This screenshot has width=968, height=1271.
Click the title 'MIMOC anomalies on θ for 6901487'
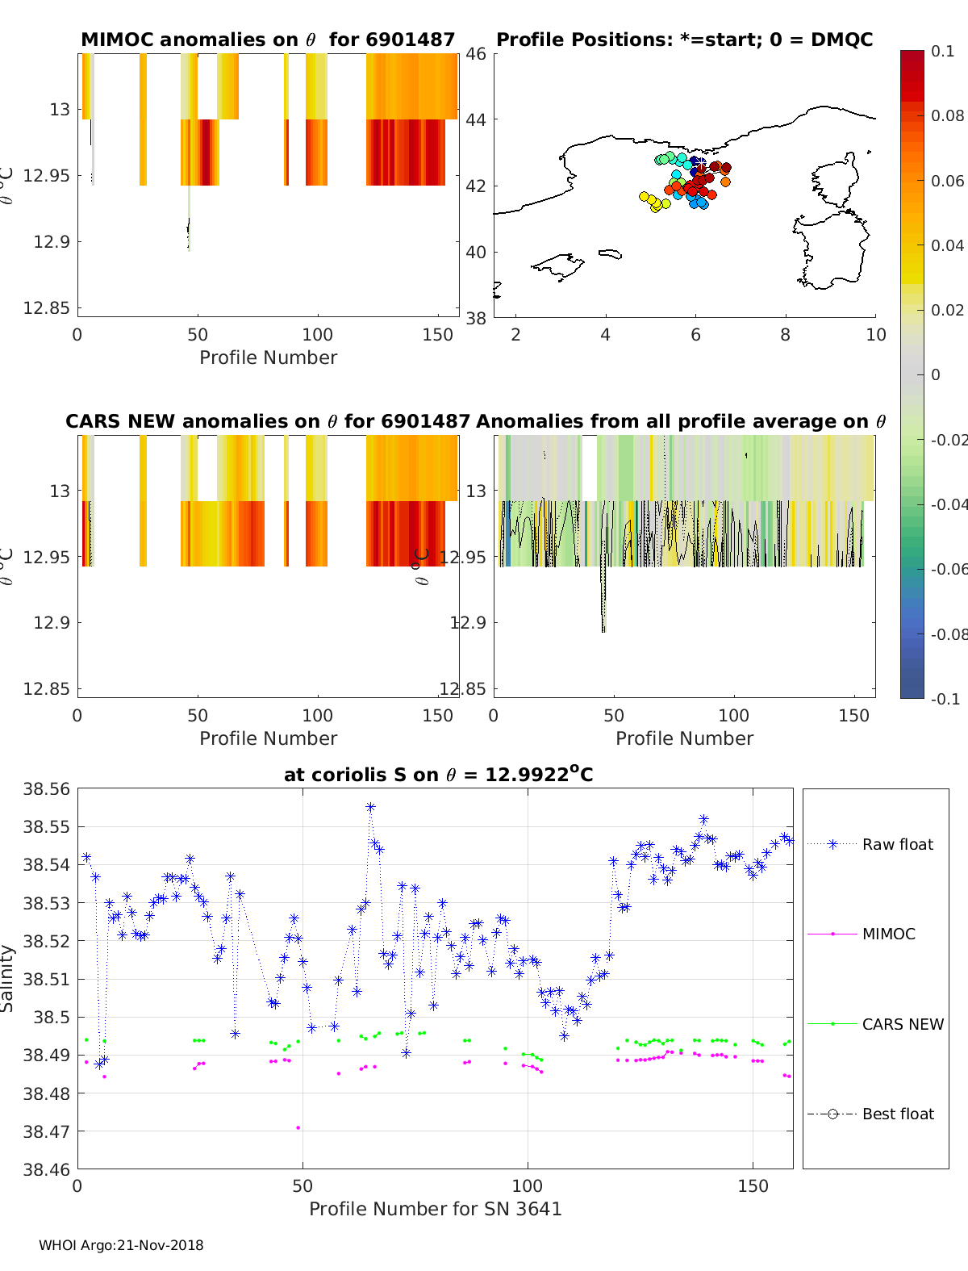[x=268, y=40]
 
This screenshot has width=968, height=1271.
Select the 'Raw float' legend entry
[x=897, y=844]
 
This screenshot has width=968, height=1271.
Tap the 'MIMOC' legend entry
[x=888, y=934]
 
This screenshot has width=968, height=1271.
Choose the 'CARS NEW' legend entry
[x=902, y=1024]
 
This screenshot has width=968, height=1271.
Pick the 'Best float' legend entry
[x=897, y=1114]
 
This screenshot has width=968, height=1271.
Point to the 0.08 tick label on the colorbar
[x=947, y=115]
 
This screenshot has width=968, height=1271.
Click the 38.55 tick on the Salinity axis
[x=46, y=827]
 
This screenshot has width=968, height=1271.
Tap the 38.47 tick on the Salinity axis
[x=46, y=1131]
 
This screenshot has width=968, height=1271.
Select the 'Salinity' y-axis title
[x=8, y=978]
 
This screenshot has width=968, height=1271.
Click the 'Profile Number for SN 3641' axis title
[x=435, y=1209]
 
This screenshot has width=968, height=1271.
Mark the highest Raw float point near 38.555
[x=370, y=807]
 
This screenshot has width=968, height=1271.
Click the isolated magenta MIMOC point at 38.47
[x=298, y=1127]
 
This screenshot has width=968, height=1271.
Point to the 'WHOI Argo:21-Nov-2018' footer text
[x=121, y=1245]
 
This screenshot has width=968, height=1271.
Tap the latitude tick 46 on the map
[x=476, y=54]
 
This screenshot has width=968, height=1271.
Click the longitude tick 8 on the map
[x=786, y=335]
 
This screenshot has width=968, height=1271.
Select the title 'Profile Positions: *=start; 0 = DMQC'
[x=684, y=40]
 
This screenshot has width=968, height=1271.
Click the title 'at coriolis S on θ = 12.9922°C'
[x=438, y=776]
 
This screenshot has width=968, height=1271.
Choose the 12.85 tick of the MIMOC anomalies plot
[x=47, y=308]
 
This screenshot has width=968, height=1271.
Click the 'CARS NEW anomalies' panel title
[x=268, y=421]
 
